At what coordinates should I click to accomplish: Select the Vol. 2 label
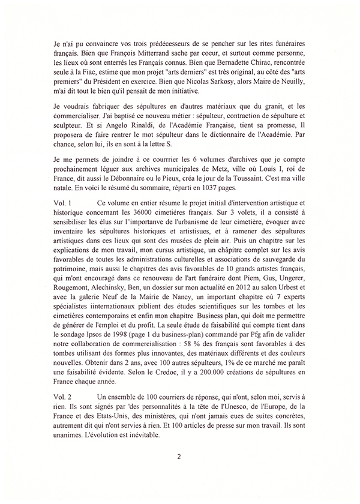(62, 398)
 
